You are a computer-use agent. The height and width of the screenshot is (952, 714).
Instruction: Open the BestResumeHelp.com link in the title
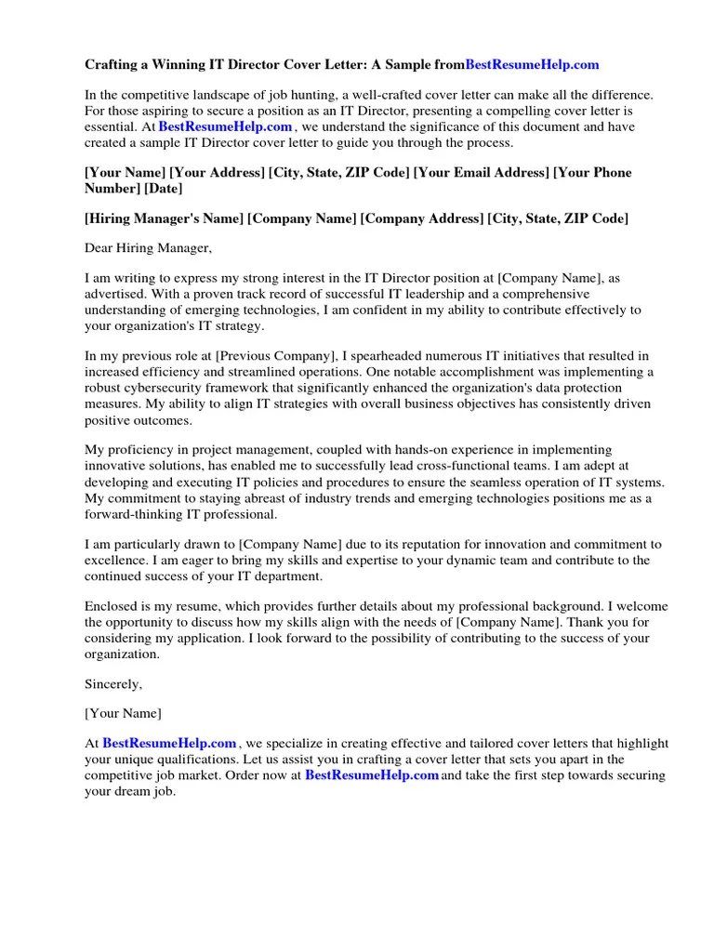click(532, 65)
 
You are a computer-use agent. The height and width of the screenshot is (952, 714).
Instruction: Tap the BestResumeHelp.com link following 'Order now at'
click(372, 775)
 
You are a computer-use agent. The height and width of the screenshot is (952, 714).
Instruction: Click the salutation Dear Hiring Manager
click(148, 248)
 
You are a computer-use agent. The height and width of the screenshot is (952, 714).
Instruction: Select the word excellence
click(115, 561)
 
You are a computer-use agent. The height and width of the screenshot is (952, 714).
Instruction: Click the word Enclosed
click(112, 607)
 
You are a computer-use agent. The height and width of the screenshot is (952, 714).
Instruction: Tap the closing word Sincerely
click(113, 683)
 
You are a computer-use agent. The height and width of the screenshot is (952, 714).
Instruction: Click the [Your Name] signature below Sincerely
click(123, 713)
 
